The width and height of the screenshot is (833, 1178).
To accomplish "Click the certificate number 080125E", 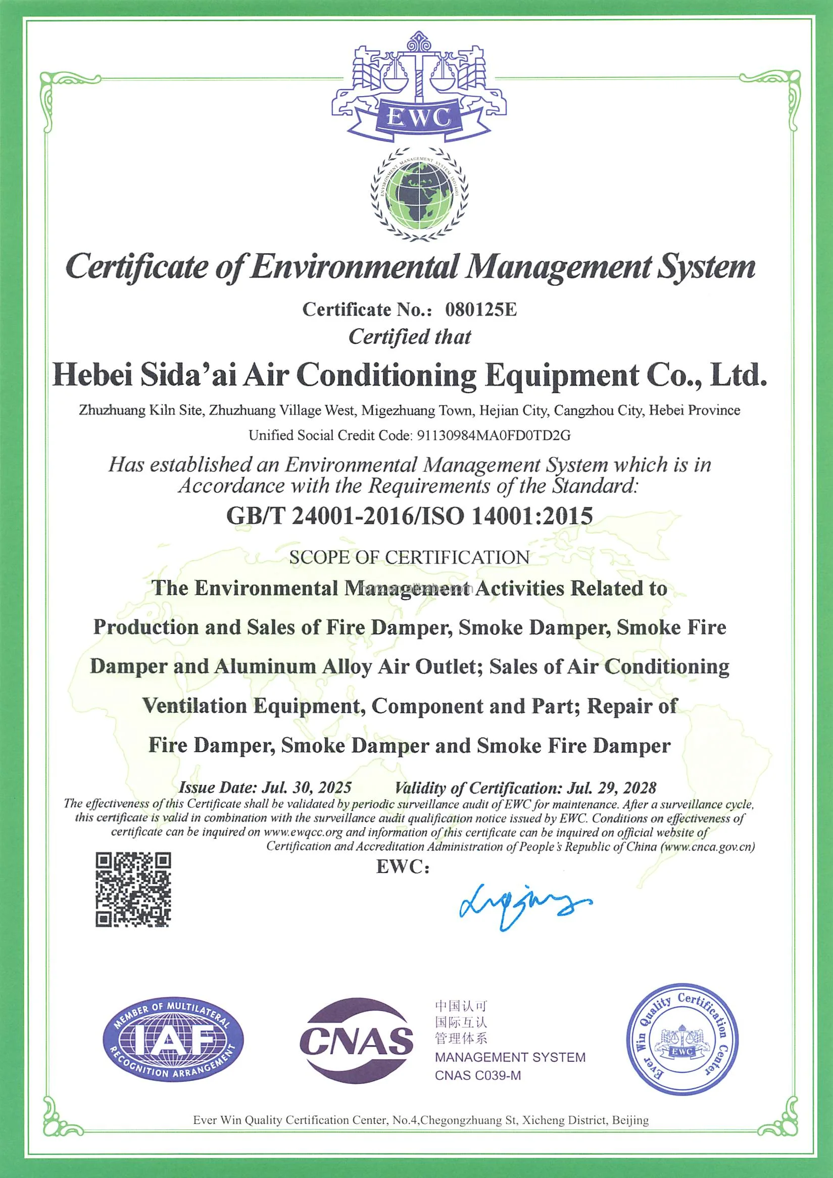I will tap(480, 309).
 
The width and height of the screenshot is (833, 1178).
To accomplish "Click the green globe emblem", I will tap(419, 195).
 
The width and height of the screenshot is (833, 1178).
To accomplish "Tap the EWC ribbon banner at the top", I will tap(419, 119).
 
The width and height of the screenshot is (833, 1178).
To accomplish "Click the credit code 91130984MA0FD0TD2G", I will tap(494, 436).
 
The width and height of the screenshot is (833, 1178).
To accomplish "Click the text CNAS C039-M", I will tap(477, 1075).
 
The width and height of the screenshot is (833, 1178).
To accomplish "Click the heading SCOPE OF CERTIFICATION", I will tap(409, 557).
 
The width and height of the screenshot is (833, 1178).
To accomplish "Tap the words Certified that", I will tap(409, 337).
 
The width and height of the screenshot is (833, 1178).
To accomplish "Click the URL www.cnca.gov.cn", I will tap(708, 846).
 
